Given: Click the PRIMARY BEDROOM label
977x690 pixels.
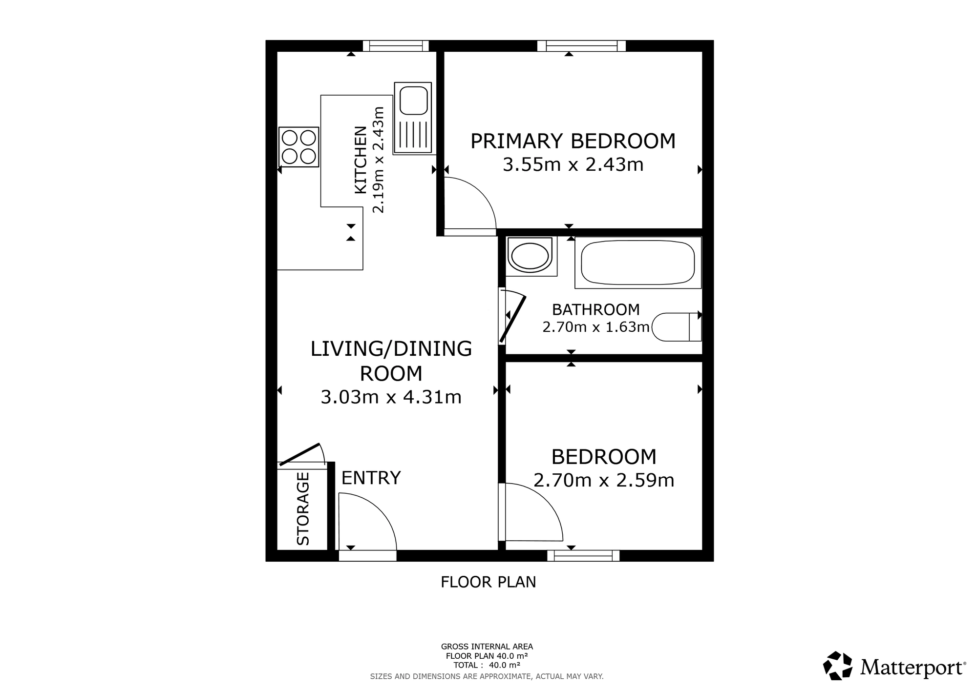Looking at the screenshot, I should (573, 142).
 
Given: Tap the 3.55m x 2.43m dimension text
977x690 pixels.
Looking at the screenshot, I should (573, 165).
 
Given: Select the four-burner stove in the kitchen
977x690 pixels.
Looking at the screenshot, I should (298, 147).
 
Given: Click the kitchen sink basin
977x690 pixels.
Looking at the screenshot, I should (413, 100).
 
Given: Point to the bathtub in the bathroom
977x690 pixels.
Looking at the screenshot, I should (637, 263).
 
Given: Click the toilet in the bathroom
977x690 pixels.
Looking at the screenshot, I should (677, 327).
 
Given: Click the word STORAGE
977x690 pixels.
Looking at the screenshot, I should (303, 508).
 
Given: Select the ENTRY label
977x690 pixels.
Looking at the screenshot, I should (371, 478).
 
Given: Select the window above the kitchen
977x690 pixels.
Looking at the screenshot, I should (396, 46).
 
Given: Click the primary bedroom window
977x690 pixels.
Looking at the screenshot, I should (581, 46).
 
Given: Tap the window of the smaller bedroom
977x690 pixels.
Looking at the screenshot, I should (583, 555).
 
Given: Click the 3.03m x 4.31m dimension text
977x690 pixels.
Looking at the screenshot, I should (391, 397).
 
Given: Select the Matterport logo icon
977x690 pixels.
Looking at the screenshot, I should (838, 665).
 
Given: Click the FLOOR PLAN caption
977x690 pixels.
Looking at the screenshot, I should (488, 582).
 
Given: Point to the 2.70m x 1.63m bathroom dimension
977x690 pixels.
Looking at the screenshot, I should (595, 327).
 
